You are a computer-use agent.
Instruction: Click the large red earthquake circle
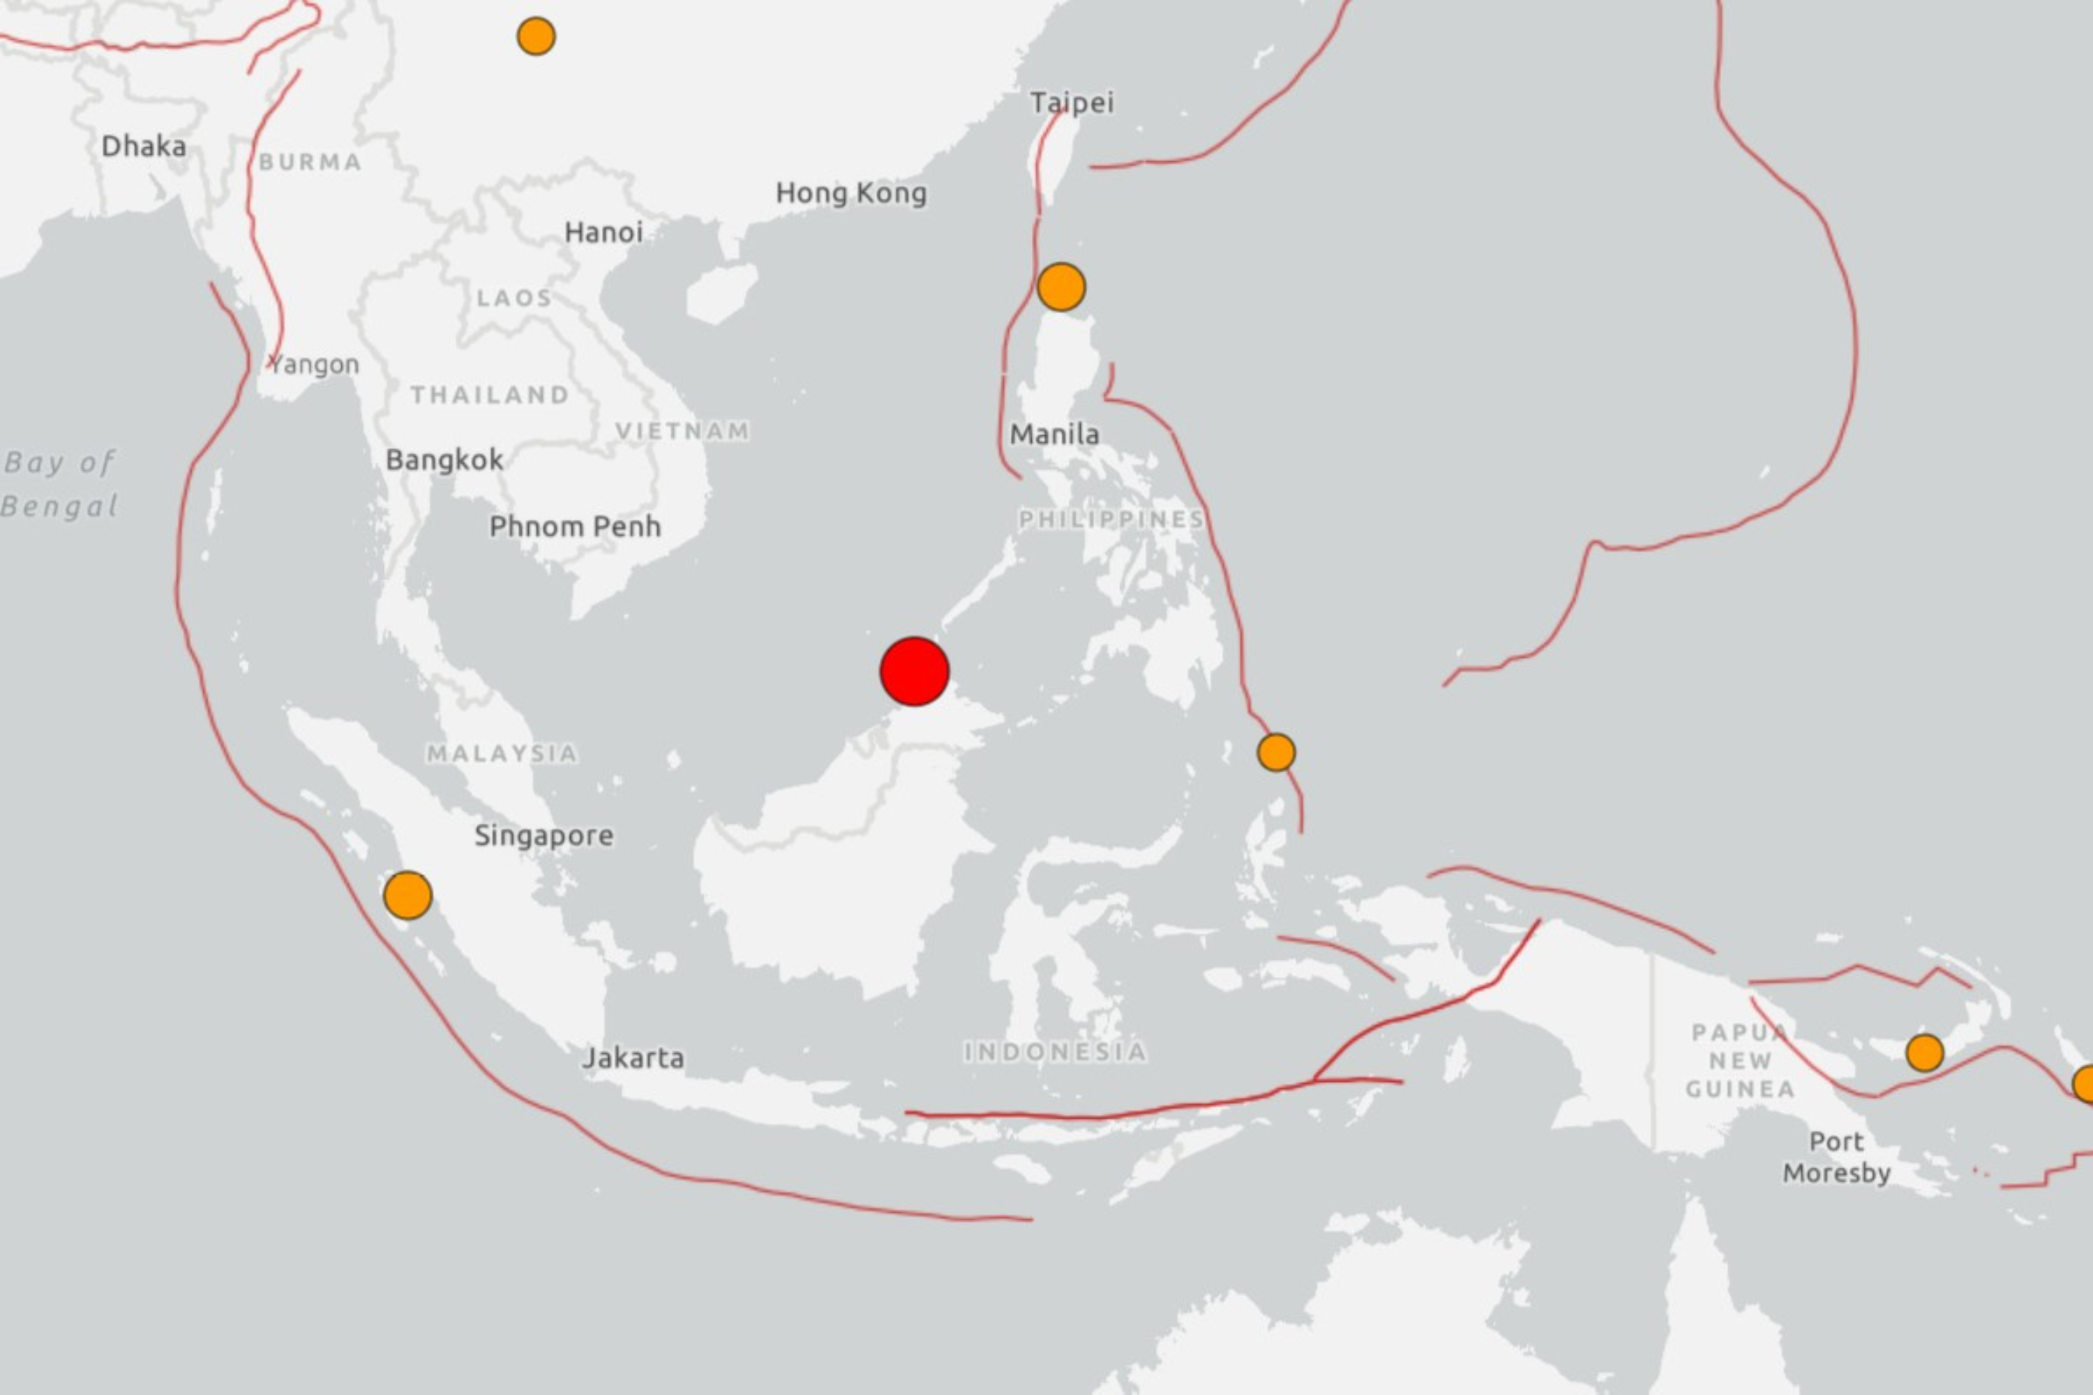coord(914,671)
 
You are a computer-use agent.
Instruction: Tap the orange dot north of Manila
coord(1060,287)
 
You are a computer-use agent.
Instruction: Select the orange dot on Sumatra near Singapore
coord(407,895)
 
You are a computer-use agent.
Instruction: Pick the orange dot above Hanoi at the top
coord(536,36)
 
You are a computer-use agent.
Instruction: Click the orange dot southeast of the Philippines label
coord(1276,753)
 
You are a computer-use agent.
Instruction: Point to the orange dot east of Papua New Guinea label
coord(1925,1053)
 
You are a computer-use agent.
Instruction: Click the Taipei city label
coord(1072,103)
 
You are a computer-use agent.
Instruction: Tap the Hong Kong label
coord(850,193)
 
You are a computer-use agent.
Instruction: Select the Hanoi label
coord(603,233)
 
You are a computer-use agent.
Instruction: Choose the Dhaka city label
coord(143,146)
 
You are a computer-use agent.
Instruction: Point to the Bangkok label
coord(444,460)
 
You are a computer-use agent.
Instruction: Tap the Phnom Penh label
coord(575,527)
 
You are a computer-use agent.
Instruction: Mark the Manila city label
coord(1054,434)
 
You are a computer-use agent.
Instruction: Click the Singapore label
coord(543,836)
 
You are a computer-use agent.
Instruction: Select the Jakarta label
coord(633,1058)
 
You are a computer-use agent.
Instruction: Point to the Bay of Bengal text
coord(59,484)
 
